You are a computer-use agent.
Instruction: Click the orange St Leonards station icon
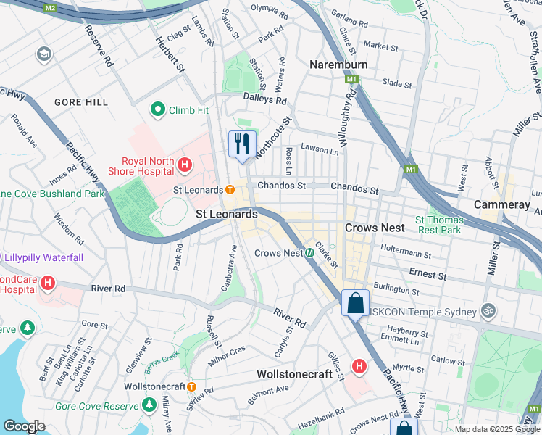229,190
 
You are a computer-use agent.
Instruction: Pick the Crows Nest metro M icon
309,253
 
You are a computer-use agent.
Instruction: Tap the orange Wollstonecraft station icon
191,386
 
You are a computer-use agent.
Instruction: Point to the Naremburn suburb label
338,65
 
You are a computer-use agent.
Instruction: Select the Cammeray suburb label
501,205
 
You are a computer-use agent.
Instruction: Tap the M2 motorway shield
49,7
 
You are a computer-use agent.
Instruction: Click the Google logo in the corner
24,426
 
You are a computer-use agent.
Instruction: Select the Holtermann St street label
405,255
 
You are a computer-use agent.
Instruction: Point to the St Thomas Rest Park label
438,225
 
